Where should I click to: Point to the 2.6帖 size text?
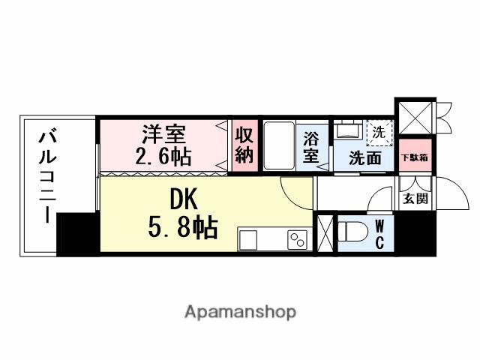pos(163,156)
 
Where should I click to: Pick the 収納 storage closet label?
pos(244,145)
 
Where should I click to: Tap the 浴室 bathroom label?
pos(311,147)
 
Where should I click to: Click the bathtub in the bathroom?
pos(277,146)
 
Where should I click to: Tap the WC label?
pos(379,233)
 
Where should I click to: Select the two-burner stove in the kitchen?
pos(298,240)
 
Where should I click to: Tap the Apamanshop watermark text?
pos(240,311)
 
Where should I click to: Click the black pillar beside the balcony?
pos(77,233)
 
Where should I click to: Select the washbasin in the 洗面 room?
pos(348,131)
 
